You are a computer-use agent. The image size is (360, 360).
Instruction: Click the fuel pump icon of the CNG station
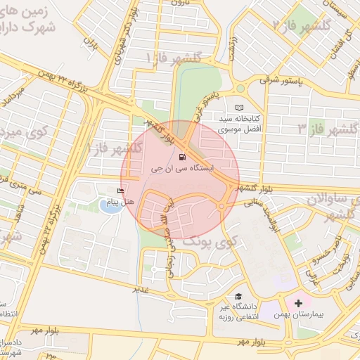coord(184,157)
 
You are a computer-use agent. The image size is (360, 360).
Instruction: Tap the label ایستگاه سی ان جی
coord(180,169)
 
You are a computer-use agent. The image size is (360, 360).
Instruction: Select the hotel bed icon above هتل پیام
coord(120,191)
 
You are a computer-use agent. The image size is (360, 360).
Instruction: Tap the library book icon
coord(239,108)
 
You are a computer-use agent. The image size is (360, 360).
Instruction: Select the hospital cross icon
coord(299,302)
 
